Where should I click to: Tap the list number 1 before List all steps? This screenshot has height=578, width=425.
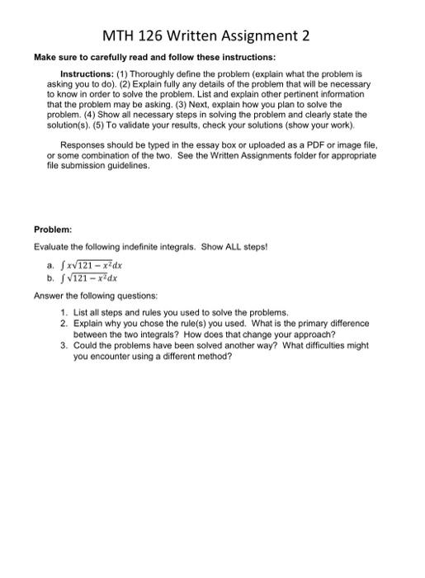click(64, 313)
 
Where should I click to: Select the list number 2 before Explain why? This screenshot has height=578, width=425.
click(64, 324)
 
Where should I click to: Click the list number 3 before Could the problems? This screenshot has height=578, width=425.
click(64, 346)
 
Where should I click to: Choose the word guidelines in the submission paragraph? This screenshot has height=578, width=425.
click(128, 165)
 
